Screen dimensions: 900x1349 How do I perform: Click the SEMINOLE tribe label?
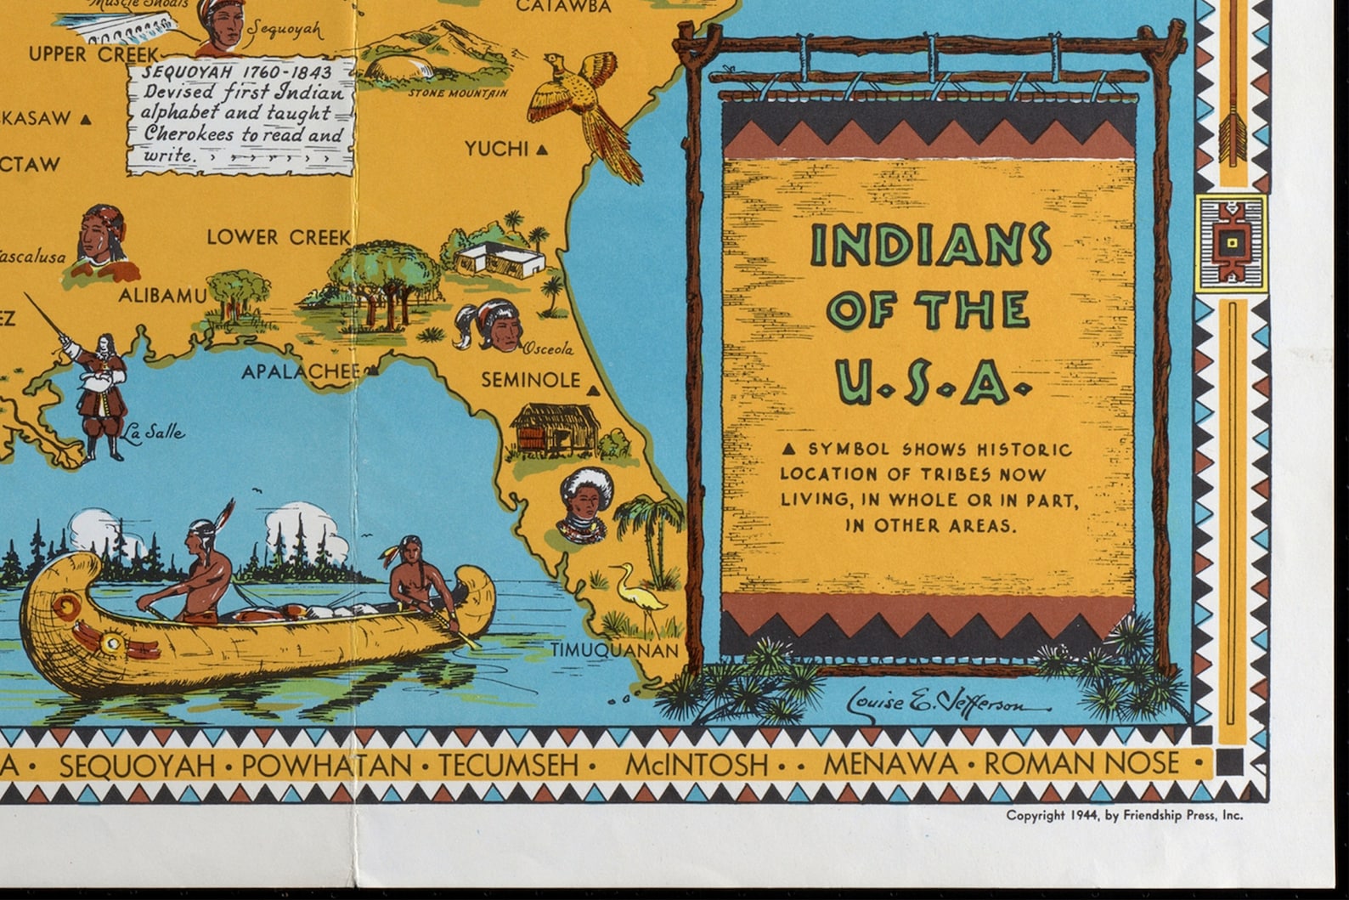[x=531, y=380]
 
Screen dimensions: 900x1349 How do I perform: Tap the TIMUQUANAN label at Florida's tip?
[x=615, y=650]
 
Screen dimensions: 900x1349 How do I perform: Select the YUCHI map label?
[x=497, y=149]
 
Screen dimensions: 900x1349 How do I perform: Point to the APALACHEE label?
[x=301, y=371]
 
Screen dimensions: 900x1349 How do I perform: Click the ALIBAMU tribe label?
[x=162, y=296]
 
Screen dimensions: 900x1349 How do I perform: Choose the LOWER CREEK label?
[x=279, y=237]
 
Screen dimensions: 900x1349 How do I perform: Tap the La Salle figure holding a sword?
[x=100, y=391]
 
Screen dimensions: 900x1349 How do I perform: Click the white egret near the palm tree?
[x=638, y=595]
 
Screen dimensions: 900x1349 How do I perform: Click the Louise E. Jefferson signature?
[x=947, y=703]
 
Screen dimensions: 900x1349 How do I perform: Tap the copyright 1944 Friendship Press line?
[x=1124, y=815]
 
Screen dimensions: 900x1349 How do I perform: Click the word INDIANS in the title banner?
[x=930, y=246]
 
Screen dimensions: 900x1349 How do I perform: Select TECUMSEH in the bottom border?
[x=508, y=765]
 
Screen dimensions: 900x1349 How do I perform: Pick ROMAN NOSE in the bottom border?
[x=1081, y=763]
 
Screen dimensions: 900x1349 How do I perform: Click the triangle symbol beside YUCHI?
[x=542, y=150]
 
